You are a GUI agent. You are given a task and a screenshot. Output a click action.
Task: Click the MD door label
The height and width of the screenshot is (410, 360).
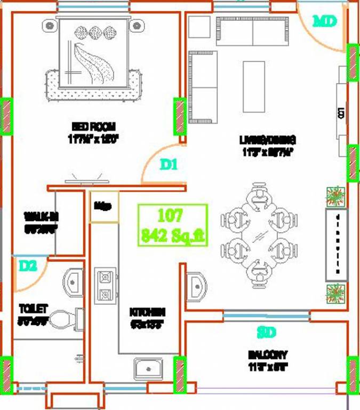325,21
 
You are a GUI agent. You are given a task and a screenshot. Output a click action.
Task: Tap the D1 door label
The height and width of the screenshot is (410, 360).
169,165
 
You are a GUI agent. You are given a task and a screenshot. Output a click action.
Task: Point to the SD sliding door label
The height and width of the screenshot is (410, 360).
266,333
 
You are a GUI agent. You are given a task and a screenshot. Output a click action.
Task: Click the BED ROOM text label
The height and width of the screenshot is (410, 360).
93,127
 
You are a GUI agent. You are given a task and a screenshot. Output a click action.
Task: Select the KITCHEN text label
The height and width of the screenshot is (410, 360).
147,312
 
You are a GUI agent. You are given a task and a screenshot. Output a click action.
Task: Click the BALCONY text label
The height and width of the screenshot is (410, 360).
268,354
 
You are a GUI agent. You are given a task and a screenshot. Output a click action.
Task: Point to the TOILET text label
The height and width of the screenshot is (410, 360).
34,309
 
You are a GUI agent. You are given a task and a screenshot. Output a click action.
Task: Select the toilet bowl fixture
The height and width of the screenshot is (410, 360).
67,320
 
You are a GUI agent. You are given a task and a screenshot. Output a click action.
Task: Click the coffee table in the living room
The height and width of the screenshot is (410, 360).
254,78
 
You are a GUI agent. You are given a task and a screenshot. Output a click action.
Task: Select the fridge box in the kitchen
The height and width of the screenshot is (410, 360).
103,205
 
